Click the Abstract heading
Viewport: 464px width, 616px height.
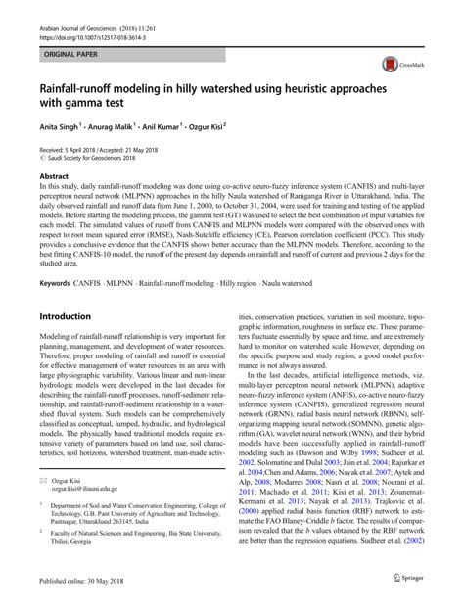57,174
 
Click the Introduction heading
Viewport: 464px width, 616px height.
74,317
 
